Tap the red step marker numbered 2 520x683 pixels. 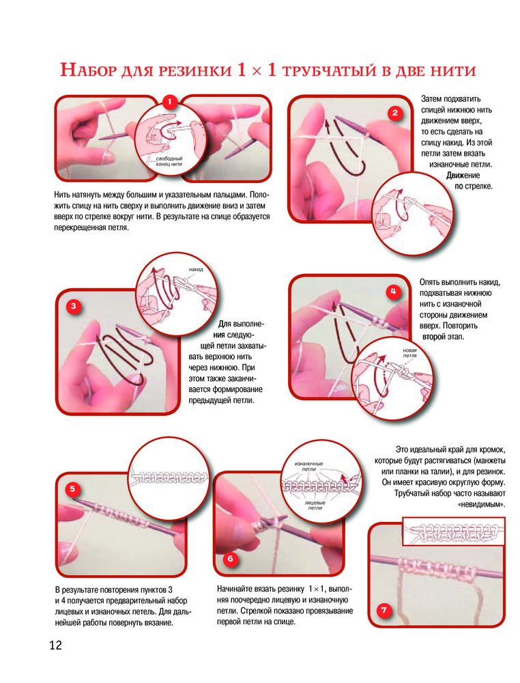click(x=394, y=113)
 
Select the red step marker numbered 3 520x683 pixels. click(x=74, y=306)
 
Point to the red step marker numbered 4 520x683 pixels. click(x=393, y=292)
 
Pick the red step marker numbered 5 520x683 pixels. click(x=72, y=489)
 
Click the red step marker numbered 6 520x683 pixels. click(x=230, y=559)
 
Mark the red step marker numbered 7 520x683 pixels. click(x=384, y=610)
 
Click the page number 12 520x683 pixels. click(x=56, y=645)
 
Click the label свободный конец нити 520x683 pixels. click(x=169, y=161)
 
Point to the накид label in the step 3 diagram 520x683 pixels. click(x=196, y=270)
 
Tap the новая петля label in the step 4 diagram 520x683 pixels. click(x=409, y=353)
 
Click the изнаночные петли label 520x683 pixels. click(x=309, y=466)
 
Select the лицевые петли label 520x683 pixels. click(x=315, y=505)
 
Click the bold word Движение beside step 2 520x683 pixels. click(x=463, y=176)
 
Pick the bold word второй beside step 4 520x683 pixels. click(x=434, y=337)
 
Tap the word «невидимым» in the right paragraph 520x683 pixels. click(x=482, y=505)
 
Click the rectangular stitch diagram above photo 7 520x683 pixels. click(x=454, y=531)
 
